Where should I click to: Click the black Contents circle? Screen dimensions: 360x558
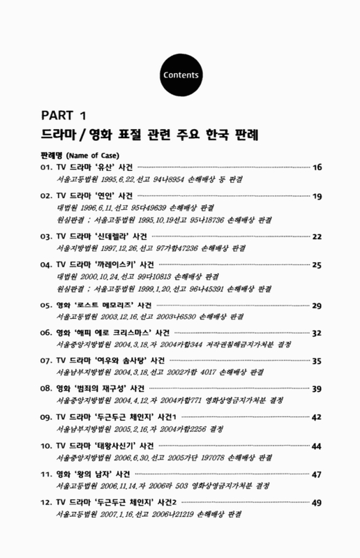pos(180,75)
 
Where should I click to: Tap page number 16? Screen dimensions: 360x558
pos(317,167)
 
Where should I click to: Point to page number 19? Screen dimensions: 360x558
pos(317,197)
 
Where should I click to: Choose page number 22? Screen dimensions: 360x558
pos(317,236)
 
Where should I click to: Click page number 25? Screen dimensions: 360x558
pos(317,265)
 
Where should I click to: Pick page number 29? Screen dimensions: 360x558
pos(317,306)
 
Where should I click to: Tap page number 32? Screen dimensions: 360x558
pos(317,333)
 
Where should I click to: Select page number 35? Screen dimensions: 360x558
pos(317,361)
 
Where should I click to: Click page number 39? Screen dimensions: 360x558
pos(317,389)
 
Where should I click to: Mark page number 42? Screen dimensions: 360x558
pos(317,417)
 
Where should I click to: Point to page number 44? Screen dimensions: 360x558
pos(317,446)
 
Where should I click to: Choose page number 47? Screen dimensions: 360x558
pos(317,474)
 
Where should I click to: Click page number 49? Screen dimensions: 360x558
pos(317,502)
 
